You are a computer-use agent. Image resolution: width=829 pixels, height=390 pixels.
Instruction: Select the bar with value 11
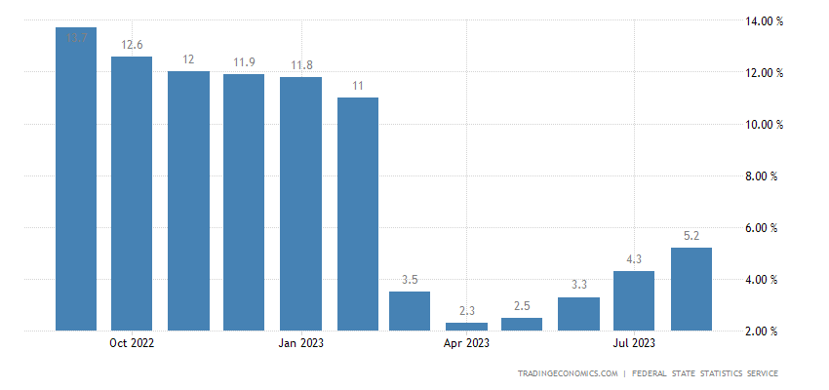357,214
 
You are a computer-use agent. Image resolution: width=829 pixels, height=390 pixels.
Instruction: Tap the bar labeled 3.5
410,311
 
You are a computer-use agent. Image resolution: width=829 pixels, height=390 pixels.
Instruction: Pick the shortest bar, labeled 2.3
466,327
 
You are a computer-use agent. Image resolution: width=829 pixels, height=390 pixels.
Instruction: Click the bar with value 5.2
691,290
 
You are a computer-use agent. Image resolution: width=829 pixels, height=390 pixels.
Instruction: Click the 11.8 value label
300,64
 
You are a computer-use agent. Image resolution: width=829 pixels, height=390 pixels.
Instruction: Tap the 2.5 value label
522,305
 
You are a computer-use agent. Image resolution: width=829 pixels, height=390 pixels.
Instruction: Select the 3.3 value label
578,285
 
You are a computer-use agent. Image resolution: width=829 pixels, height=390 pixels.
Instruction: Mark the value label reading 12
188,59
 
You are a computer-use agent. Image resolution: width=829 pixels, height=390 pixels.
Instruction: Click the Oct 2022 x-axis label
132,343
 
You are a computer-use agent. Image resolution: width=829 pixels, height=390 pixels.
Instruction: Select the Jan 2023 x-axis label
300,343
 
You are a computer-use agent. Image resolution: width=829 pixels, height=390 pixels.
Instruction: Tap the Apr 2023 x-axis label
466,343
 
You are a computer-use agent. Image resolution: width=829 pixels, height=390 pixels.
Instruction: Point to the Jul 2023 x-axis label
634,343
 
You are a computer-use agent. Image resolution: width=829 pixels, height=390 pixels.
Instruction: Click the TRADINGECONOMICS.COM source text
568,373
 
